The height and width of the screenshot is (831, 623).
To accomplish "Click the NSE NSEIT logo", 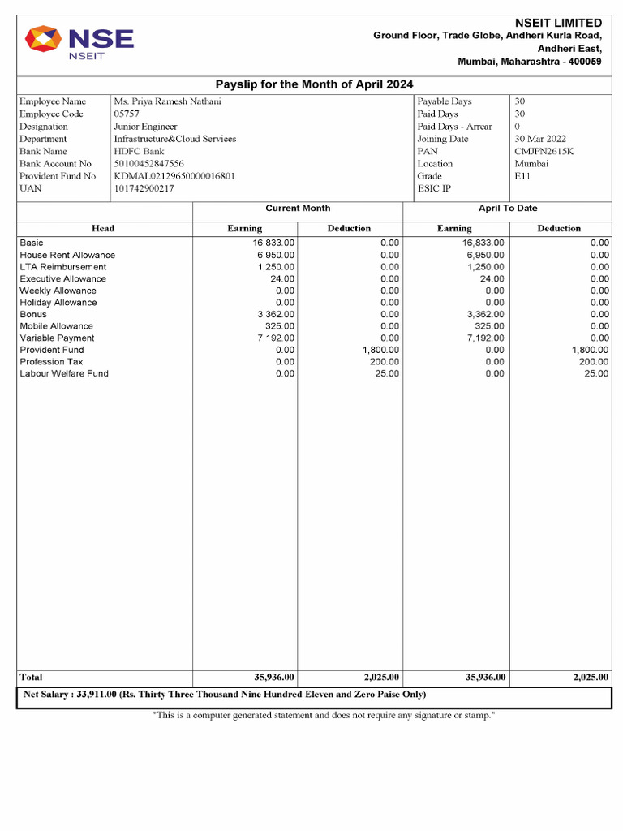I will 79,43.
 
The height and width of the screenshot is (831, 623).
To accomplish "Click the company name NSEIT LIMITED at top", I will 558,23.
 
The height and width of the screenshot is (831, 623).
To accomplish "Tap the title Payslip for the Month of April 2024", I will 314,84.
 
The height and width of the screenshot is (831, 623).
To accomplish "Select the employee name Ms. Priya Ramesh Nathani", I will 167,101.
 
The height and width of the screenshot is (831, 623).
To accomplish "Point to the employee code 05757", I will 127,114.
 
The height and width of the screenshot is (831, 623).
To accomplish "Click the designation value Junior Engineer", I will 145,127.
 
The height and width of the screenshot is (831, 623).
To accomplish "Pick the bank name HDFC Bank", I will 139,151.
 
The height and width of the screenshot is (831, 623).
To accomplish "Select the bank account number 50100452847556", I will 149,164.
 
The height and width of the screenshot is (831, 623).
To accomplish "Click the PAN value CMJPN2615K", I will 544,151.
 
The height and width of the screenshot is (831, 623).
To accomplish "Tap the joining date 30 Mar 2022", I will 541,139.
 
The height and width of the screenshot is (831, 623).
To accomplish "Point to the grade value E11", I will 522,176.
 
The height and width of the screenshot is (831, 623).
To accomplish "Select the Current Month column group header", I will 298,209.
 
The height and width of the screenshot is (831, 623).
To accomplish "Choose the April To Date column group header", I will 508,209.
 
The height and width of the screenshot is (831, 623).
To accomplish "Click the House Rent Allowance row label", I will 67,255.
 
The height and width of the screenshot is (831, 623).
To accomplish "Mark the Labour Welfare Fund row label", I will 64,373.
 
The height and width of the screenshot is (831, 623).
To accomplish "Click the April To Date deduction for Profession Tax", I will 593,362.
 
